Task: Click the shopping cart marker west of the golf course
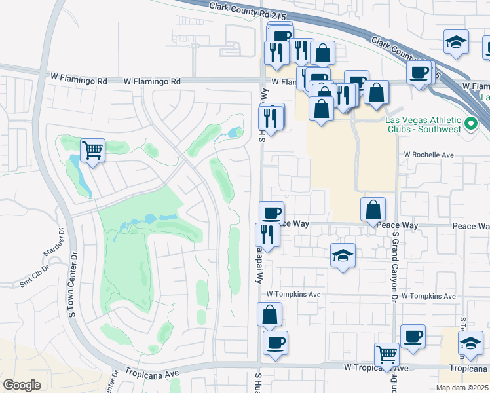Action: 92,151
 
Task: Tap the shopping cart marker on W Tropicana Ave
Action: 387,355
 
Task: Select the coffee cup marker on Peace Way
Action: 272,212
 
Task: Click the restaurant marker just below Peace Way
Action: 267,234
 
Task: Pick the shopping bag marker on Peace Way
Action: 373,210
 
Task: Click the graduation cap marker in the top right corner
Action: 456,42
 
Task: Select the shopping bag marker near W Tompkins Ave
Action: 270,314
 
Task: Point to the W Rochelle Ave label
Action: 428,155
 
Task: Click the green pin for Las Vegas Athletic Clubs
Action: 470,124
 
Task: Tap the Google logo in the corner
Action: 22,384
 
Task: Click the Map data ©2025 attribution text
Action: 462,388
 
